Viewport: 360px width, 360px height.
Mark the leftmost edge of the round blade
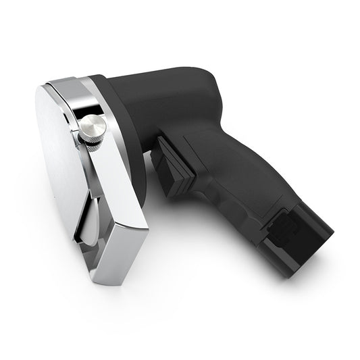36,122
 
